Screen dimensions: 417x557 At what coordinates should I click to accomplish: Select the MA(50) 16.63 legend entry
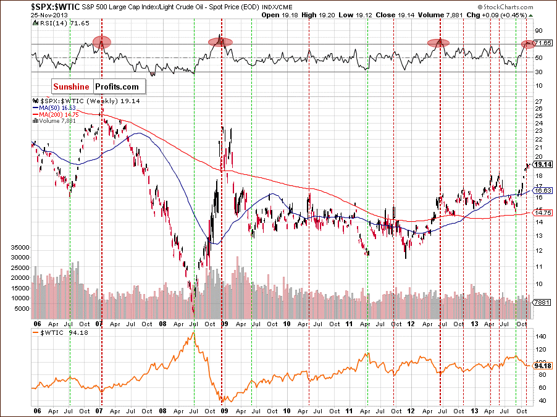[x=54, y=107]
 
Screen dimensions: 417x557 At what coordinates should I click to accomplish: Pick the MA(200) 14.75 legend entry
[x=56, y=114]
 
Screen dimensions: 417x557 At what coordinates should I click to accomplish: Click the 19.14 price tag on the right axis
[x=542, y=166]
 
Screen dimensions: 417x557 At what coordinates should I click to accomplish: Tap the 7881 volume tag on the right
[x=541, y=302]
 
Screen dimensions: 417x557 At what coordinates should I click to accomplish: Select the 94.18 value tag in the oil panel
[x=542, y=365]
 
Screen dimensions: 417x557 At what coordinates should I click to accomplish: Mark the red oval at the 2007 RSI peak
[x=102, y=42]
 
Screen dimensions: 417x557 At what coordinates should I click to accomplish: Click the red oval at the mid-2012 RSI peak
[x=438, y=43]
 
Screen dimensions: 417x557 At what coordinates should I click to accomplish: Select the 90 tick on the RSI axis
[x=538, y=30]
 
